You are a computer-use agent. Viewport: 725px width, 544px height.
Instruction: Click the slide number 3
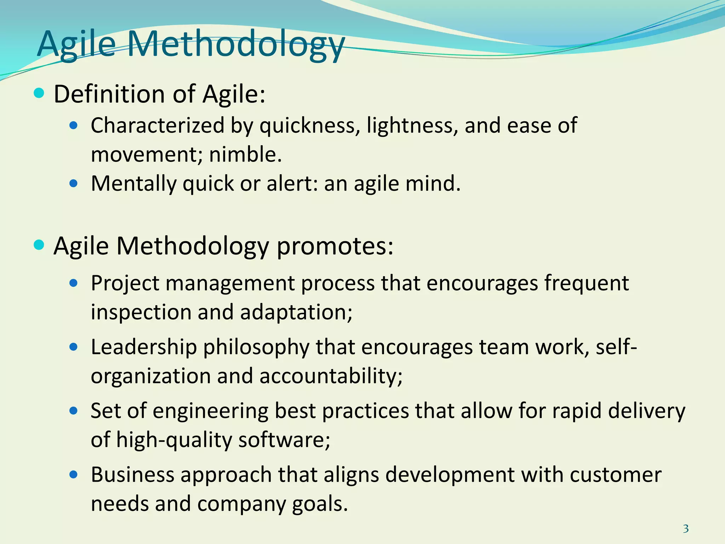686,529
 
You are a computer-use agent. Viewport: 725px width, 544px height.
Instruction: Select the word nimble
245,154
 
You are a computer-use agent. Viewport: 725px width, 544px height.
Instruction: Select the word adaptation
296,312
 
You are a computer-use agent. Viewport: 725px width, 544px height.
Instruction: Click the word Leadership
144,347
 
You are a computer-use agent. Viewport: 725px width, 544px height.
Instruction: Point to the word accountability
331,376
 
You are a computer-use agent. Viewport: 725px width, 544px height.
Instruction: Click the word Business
132,475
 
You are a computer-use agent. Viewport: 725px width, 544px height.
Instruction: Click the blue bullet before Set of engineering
74,411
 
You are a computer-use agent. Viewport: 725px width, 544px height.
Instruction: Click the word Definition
109,94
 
